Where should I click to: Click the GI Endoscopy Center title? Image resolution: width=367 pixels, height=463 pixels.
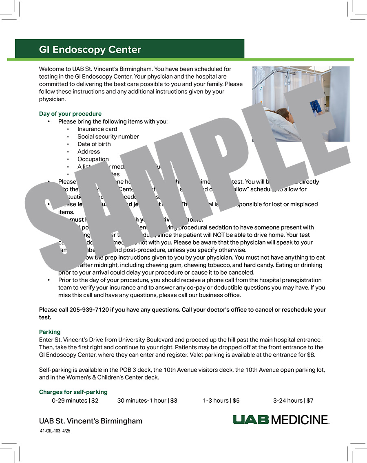point(90,50)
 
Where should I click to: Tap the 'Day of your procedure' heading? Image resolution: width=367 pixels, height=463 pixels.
point(70,114)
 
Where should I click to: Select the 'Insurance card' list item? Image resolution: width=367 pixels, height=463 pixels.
point(97,129)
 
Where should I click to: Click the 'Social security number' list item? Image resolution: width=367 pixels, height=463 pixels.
point(108,137)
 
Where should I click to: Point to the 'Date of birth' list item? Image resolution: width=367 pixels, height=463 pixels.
point(94,144)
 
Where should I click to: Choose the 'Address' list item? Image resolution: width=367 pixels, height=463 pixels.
point(88,152)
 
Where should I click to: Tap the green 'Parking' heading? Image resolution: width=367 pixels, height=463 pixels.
point(50,332)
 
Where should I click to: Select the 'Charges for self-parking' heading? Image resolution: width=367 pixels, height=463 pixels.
point(73,392)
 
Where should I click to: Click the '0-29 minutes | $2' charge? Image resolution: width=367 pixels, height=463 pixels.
point(75,401)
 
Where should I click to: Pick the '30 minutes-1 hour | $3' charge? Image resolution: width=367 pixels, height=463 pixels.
point(147,401)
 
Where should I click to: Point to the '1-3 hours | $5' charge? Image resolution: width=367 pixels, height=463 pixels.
point(221,401)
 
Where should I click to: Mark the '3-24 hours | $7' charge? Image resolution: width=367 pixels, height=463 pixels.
point(293,401)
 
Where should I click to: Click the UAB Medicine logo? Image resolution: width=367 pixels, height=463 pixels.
point(281,420)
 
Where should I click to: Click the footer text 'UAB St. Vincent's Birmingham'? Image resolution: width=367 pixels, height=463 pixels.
point(91,421)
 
